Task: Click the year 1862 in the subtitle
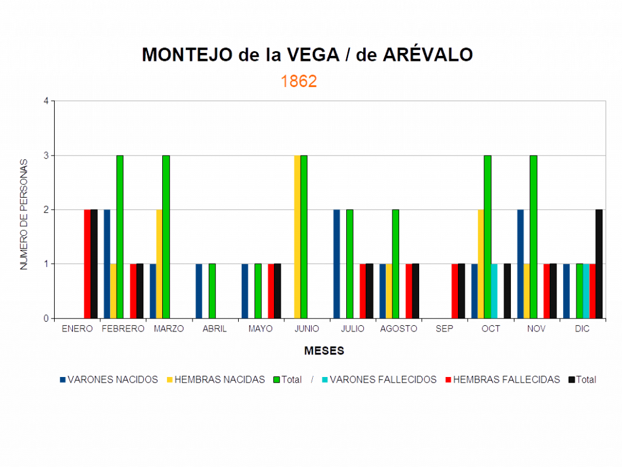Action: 299,81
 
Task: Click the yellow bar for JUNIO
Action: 296,237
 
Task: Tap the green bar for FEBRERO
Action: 120,237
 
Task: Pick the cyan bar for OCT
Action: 494,291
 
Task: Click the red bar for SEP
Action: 454,291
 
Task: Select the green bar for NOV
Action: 533,237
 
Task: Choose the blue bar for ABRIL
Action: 199,291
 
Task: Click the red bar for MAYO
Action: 271,291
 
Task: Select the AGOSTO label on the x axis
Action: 398,329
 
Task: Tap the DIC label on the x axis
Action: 582,329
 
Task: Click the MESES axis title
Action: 324,351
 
